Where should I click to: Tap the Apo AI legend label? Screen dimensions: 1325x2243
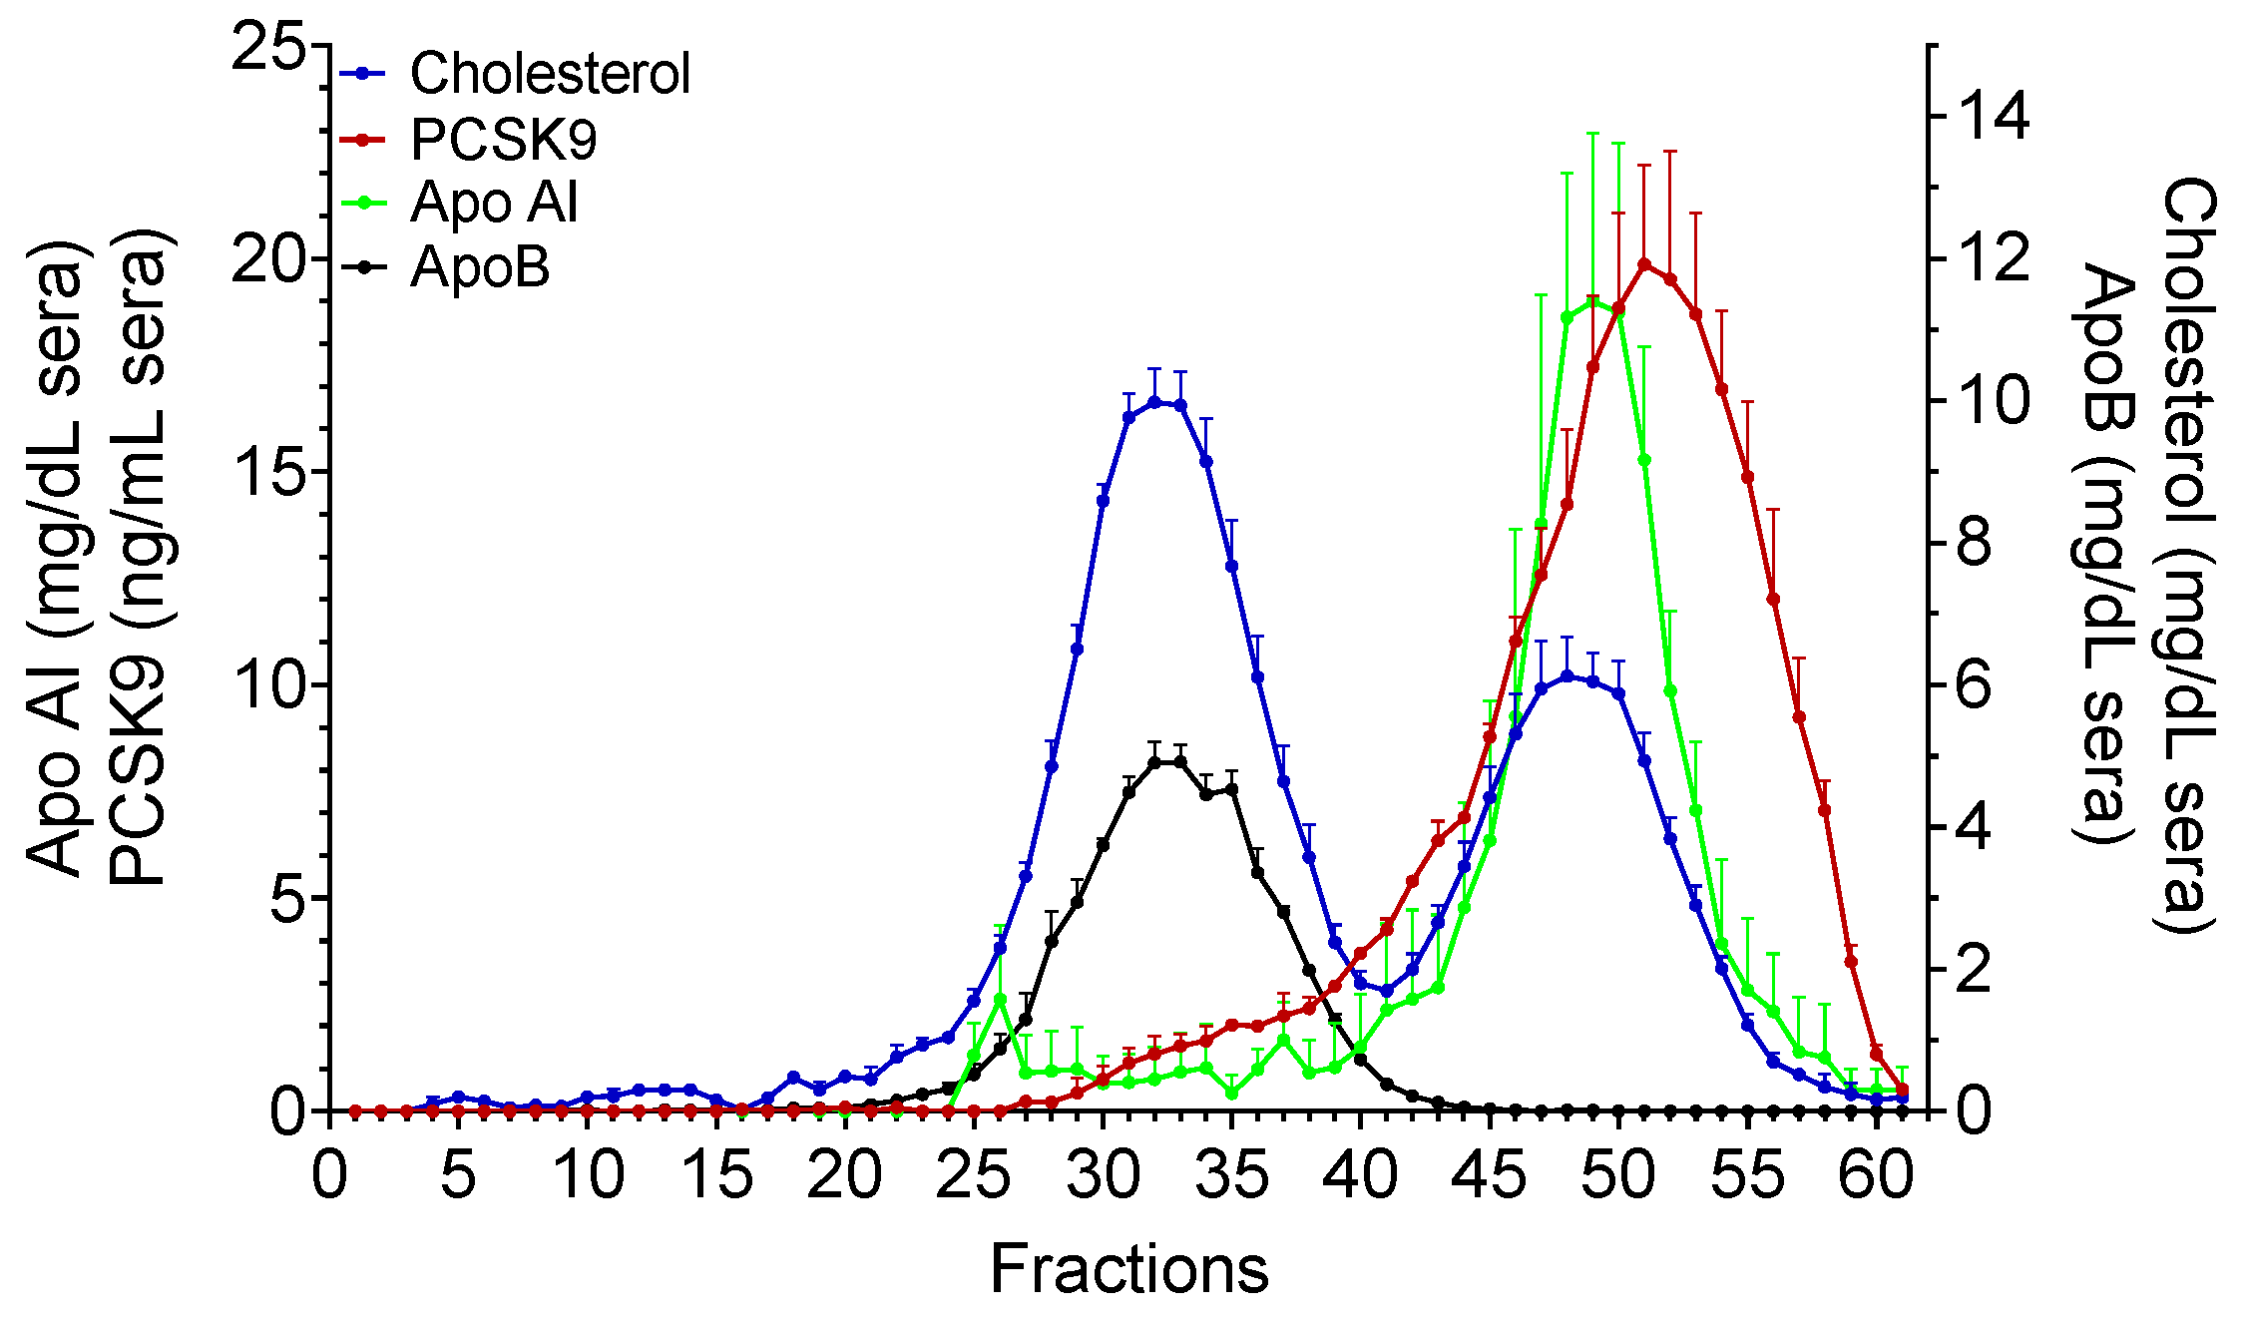pos(494,203)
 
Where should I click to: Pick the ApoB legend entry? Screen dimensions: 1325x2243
pos(480,267)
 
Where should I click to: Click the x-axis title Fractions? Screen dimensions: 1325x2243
pos(1128,1269)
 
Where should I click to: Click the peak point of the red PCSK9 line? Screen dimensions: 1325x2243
pos(1645,264)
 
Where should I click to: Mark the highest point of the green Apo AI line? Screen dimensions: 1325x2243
pos(1593,302)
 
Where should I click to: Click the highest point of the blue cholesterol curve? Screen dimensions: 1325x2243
pos(1154,402)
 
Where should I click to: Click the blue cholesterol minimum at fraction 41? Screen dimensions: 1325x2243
pos(1387,991)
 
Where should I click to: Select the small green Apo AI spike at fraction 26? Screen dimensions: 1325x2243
pos(1000,999)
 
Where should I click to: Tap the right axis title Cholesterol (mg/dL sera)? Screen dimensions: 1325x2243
pos(2187,555)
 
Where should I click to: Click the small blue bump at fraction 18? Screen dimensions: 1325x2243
pos(793,1078)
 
